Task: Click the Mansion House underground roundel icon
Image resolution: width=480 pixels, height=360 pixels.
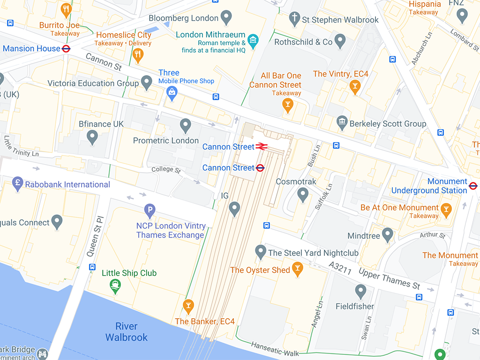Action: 66,48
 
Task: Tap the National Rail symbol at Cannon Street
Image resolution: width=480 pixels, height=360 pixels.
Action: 262,147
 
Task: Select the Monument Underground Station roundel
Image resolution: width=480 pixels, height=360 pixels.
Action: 473,186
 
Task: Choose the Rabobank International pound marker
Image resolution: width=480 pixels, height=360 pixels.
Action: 18,183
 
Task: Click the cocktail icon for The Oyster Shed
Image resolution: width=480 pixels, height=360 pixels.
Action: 297,269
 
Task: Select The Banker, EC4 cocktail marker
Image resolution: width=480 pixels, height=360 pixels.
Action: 188,306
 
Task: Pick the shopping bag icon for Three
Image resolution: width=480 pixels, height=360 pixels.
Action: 172,93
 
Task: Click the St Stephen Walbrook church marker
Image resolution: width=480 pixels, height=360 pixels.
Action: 294,18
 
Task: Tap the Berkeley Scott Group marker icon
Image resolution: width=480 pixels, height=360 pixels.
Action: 342,123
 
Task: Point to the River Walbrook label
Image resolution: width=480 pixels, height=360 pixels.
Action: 126,331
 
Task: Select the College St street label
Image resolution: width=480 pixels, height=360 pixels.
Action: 166,170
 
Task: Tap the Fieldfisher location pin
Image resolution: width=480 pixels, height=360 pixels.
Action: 360,292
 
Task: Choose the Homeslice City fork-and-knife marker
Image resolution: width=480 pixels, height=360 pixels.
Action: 137,55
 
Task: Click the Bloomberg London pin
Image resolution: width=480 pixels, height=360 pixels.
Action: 226,17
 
